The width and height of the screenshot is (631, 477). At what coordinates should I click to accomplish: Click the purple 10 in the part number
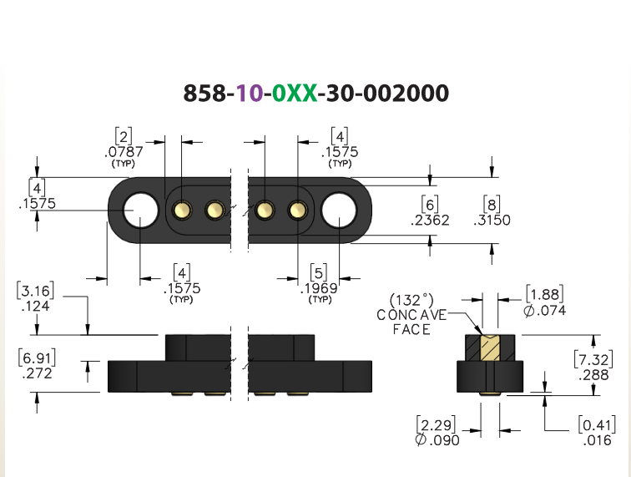tap(250, 93)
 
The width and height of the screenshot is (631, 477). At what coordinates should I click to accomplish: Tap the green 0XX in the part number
tap(295, 93)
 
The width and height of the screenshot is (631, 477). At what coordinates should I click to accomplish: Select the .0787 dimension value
tap(124, 152)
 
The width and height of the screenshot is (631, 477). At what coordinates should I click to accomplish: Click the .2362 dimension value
tap(430, 220)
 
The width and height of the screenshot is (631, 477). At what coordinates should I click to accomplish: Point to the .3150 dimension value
tap(492, 220)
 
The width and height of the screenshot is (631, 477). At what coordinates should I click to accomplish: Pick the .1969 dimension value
tap(319, 288)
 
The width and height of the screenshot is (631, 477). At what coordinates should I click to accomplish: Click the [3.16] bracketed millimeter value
tap(35, 291)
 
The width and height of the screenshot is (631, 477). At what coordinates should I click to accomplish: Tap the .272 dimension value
tap(37, 373)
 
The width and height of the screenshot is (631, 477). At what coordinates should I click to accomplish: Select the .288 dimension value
tap(594, 375)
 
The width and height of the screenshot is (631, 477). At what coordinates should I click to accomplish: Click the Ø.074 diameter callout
tap(545, 310)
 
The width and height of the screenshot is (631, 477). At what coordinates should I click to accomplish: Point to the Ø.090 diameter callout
tap(437, 440)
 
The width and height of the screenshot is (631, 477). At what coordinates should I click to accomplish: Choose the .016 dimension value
tap(598, 440)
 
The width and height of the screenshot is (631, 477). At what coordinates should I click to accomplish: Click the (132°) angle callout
tap(411, 300)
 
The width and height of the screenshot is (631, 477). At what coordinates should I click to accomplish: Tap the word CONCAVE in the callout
tap(411, 315)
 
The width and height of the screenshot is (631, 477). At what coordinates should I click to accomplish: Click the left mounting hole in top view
tap(140, 210)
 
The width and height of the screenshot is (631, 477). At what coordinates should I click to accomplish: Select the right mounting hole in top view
tap(339, 211)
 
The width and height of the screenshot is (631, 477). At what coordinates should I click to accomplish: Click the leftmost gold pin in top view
tap(182, 210)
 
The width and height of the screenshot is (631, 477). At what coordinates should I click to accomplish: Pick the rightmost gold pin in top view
tap(298, 210)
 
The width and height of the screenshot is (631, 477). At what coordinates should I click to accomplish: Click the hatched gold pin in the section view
tap(490, 348)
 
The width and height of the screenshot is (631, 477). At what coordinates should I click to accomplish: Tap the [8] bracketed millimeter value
tap(492, 205)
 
